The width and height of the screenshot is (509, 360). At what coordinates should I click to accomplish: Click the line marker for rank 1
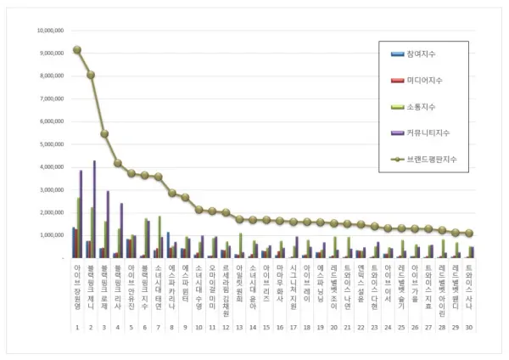point(77,49)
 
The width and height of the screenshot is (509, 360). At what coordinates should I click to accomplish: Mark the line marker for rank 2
point(91,75)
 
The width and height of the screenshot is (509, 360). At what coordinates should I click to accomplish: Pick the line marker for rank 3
point(104,133)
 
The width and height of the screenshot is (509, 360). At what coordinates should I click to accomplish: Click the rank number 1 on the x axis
point(76,327)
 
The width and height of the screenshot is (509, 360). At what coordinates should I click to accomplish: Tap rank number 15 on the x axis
point(266,327)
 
